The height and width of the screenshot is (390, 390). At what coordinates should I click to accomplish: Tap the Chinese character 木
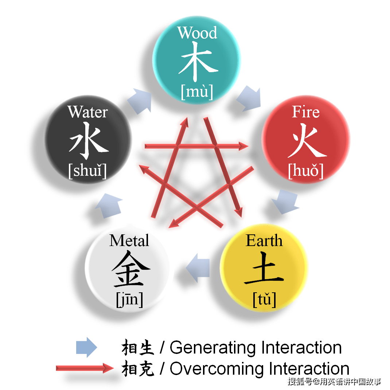tap(198, 62)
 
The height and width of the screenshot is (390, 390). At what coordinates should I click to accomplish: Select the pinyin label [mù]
tap(197, 92)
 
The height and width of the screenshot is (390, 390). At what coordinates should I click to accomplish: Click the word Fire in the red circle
tap(306, 112)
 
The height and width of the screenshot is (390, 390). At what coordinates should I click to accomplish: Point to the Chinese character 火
tap(307, 141)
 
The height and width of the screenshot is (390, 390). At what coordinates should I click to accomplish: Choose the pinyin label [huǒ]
tap(306, 171)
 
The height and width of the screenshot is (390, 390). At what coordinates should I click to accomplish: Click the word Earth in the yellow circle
tap(264, 241)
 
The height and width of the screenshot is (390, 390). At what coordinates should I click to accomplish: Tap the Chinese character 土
tap(264, 268)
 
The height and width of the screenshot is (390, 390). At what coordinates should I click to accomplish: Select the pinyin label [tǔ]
tap(264, 299)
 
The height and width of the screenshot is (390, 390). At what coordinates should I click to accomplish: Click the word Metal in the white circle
tap(129, 241)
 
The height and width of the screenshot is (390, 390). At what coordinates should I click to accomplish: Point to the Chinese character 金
tap(130, 269)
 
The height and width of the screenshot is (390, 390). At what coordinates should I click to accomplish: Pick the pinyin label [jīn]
tap(130, 300)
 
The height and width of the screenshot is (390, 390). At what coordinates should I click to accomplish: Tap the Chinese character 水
tap(89, 141)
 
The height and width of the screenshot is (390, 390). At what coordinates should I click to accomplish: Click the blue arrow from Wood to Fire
tap(249, 98)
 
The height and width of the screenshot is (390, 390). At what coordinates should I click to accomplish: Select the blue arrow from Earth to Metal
tap(198, 268)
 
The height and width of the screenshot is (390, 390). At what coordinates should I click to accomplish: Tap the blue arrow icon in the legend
tap(86, 347)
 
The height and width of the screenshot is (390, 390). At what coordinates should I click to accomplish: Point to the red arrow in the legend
tap(85, 368)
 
